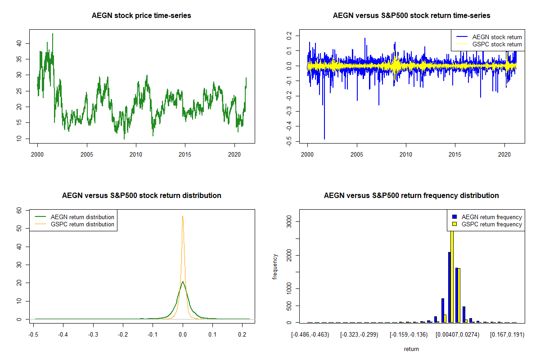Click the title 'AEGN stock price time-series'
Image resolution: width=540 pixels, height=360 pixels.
pyautogui.click(x=141, y=16)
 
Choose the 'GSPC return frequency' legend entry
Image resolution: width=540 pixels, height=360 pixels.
pyautogui.click(x=492, y=224)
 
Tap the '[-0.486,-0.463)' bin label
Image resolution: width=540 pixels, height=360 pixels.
pyautogui.click(x=310, y=335)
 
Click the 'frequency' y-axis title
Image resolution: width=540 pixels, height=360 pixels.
pyautogui.click(x=275, y=267)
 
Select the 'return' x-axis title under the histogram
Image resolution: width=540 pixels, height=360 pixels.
pyautogui.click(x=411, y=349)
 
